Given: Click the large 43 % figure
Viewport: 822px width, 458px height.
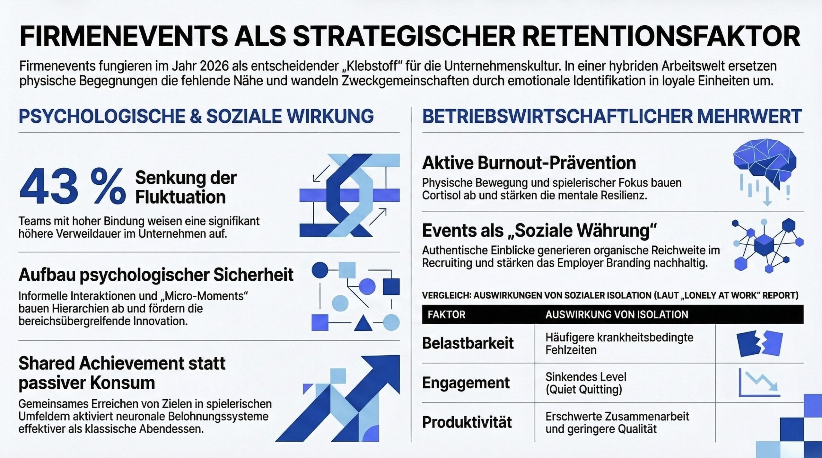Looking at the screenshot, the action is click(73, 187).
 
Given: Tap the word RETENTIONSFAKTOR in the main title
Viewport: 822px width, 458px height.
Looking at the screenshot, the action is click(661, 36).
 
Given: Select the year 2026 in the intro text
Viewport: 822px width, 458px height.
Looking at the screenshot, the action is click(214, 66).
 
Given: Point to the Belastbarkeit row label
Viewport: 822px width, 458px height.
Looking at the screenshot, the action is click(468, 343).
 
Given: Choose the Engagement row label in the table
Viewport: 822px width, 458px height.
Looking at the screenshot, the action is click(466, 383).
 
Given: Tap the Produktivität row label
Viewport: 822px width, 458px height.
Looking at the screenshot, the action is click(467, 422).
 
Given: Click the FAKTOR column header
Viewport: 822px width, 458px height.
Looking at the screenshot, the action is click(446, 314).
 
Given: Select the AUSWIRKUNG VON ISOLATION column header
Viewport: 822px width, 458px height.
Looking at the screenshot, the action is click(616, 314).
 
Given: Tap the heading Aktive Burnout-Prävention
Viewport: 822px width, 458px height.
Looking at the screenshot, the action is click(529, 163).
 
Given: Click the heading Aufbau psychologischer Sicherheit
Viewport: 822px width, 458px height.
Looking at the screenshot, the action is click(156, 275).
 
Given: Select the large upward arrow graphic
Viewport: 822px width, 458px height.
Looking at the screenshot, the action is click(337, 398).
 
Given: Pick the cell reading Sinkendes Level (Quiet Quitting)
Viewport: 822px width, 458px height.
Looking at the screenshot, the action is click(586, 383).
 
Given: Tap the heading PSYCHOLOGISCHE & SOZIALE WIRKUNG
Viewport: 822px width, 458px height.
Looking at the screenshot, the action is click(196, 116).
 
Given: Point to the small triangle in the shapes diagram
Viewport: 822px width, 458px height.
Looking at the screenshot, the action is click(363, 323).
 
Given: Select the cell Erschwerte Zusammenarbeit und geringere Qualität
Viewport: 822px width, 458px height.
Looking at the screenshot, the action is click(617, 422).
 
